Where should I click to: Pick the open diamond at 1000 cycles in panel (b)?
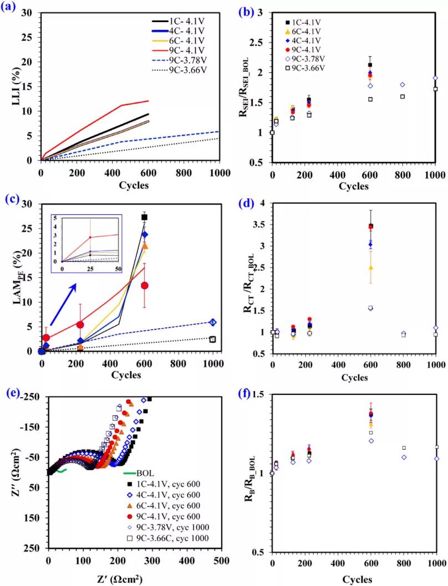pos(436,78)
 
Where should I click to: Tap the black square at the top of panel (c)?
pos(145,217)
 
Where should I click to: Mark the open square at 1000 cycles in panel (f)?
pos(436,446)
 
